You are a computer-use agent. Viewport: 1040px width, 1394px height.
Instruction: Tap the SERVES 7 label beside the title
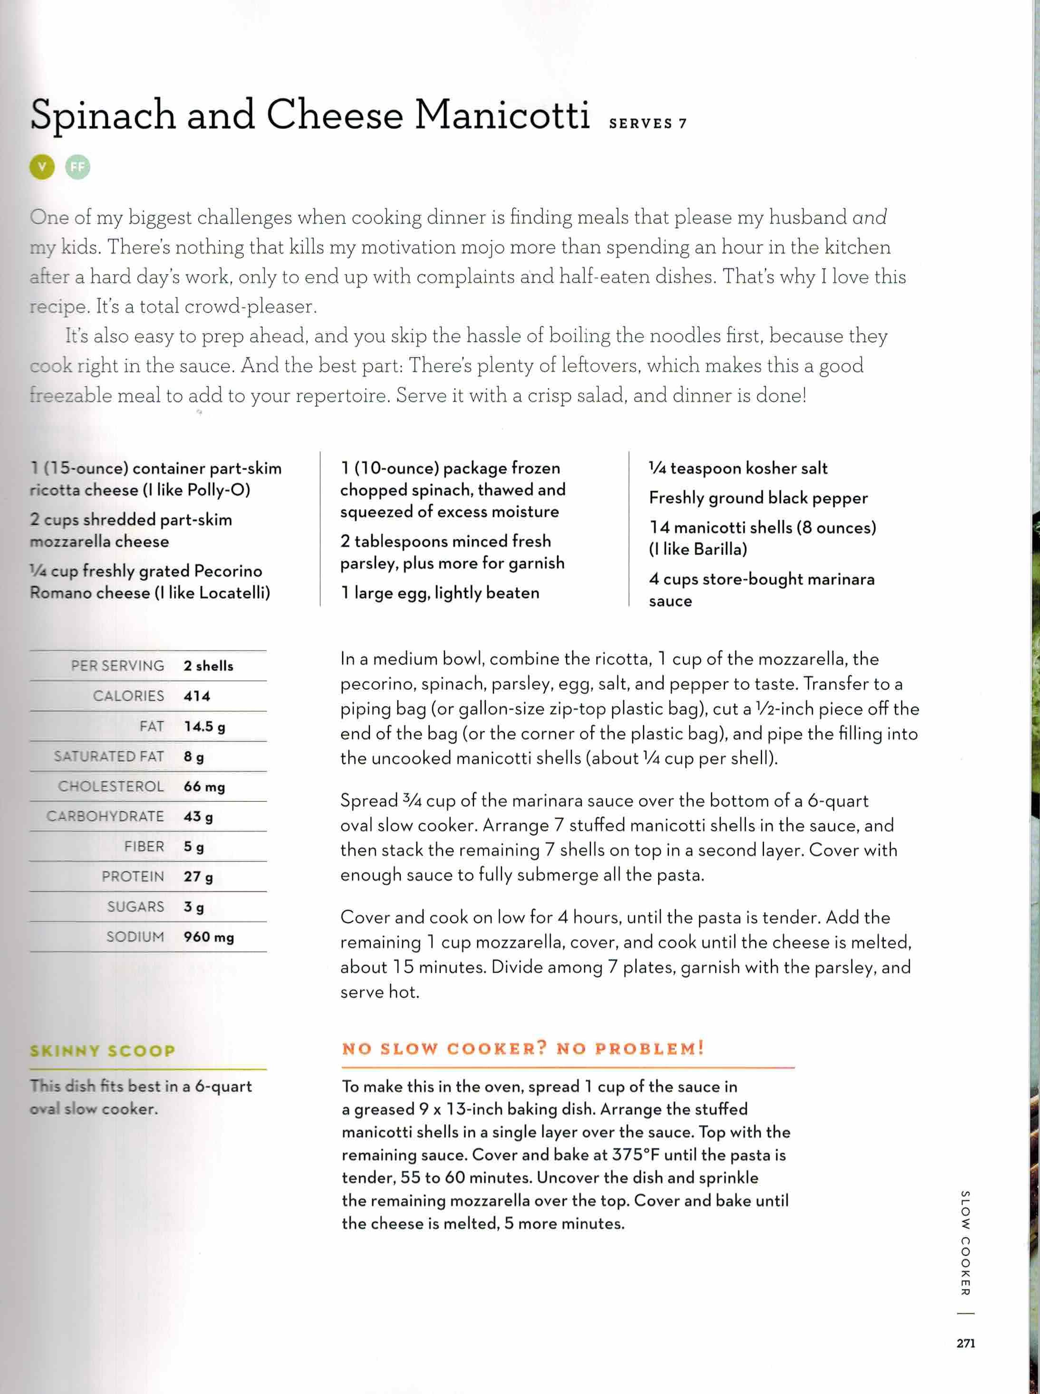click(647, 124)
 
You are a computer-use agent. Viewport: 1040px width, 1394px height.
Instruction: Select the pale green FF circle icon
click(77, 167)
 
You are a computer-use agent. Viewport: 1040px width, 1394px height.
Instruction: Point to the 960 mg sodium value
click(208, 937)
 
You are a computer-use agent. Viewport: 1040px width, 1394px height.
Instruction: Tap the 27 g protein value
click(198, 877)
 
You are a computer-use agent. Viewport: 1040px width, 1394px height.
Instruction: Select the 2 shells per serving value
click(208, 666)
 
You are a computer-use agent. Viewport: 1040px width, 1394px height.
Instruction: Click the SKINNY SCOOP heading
click(103, 1050)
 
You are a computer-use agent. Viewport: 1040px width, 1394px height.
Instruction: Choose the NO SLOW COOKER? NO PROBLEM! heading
click(522, 1049)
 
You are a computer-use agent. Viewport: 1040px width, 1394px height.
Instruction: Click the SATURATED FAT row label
click(109, 756)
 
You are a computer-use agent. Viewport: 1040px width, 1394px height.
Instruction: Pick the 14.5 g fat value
click(204, 726)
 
